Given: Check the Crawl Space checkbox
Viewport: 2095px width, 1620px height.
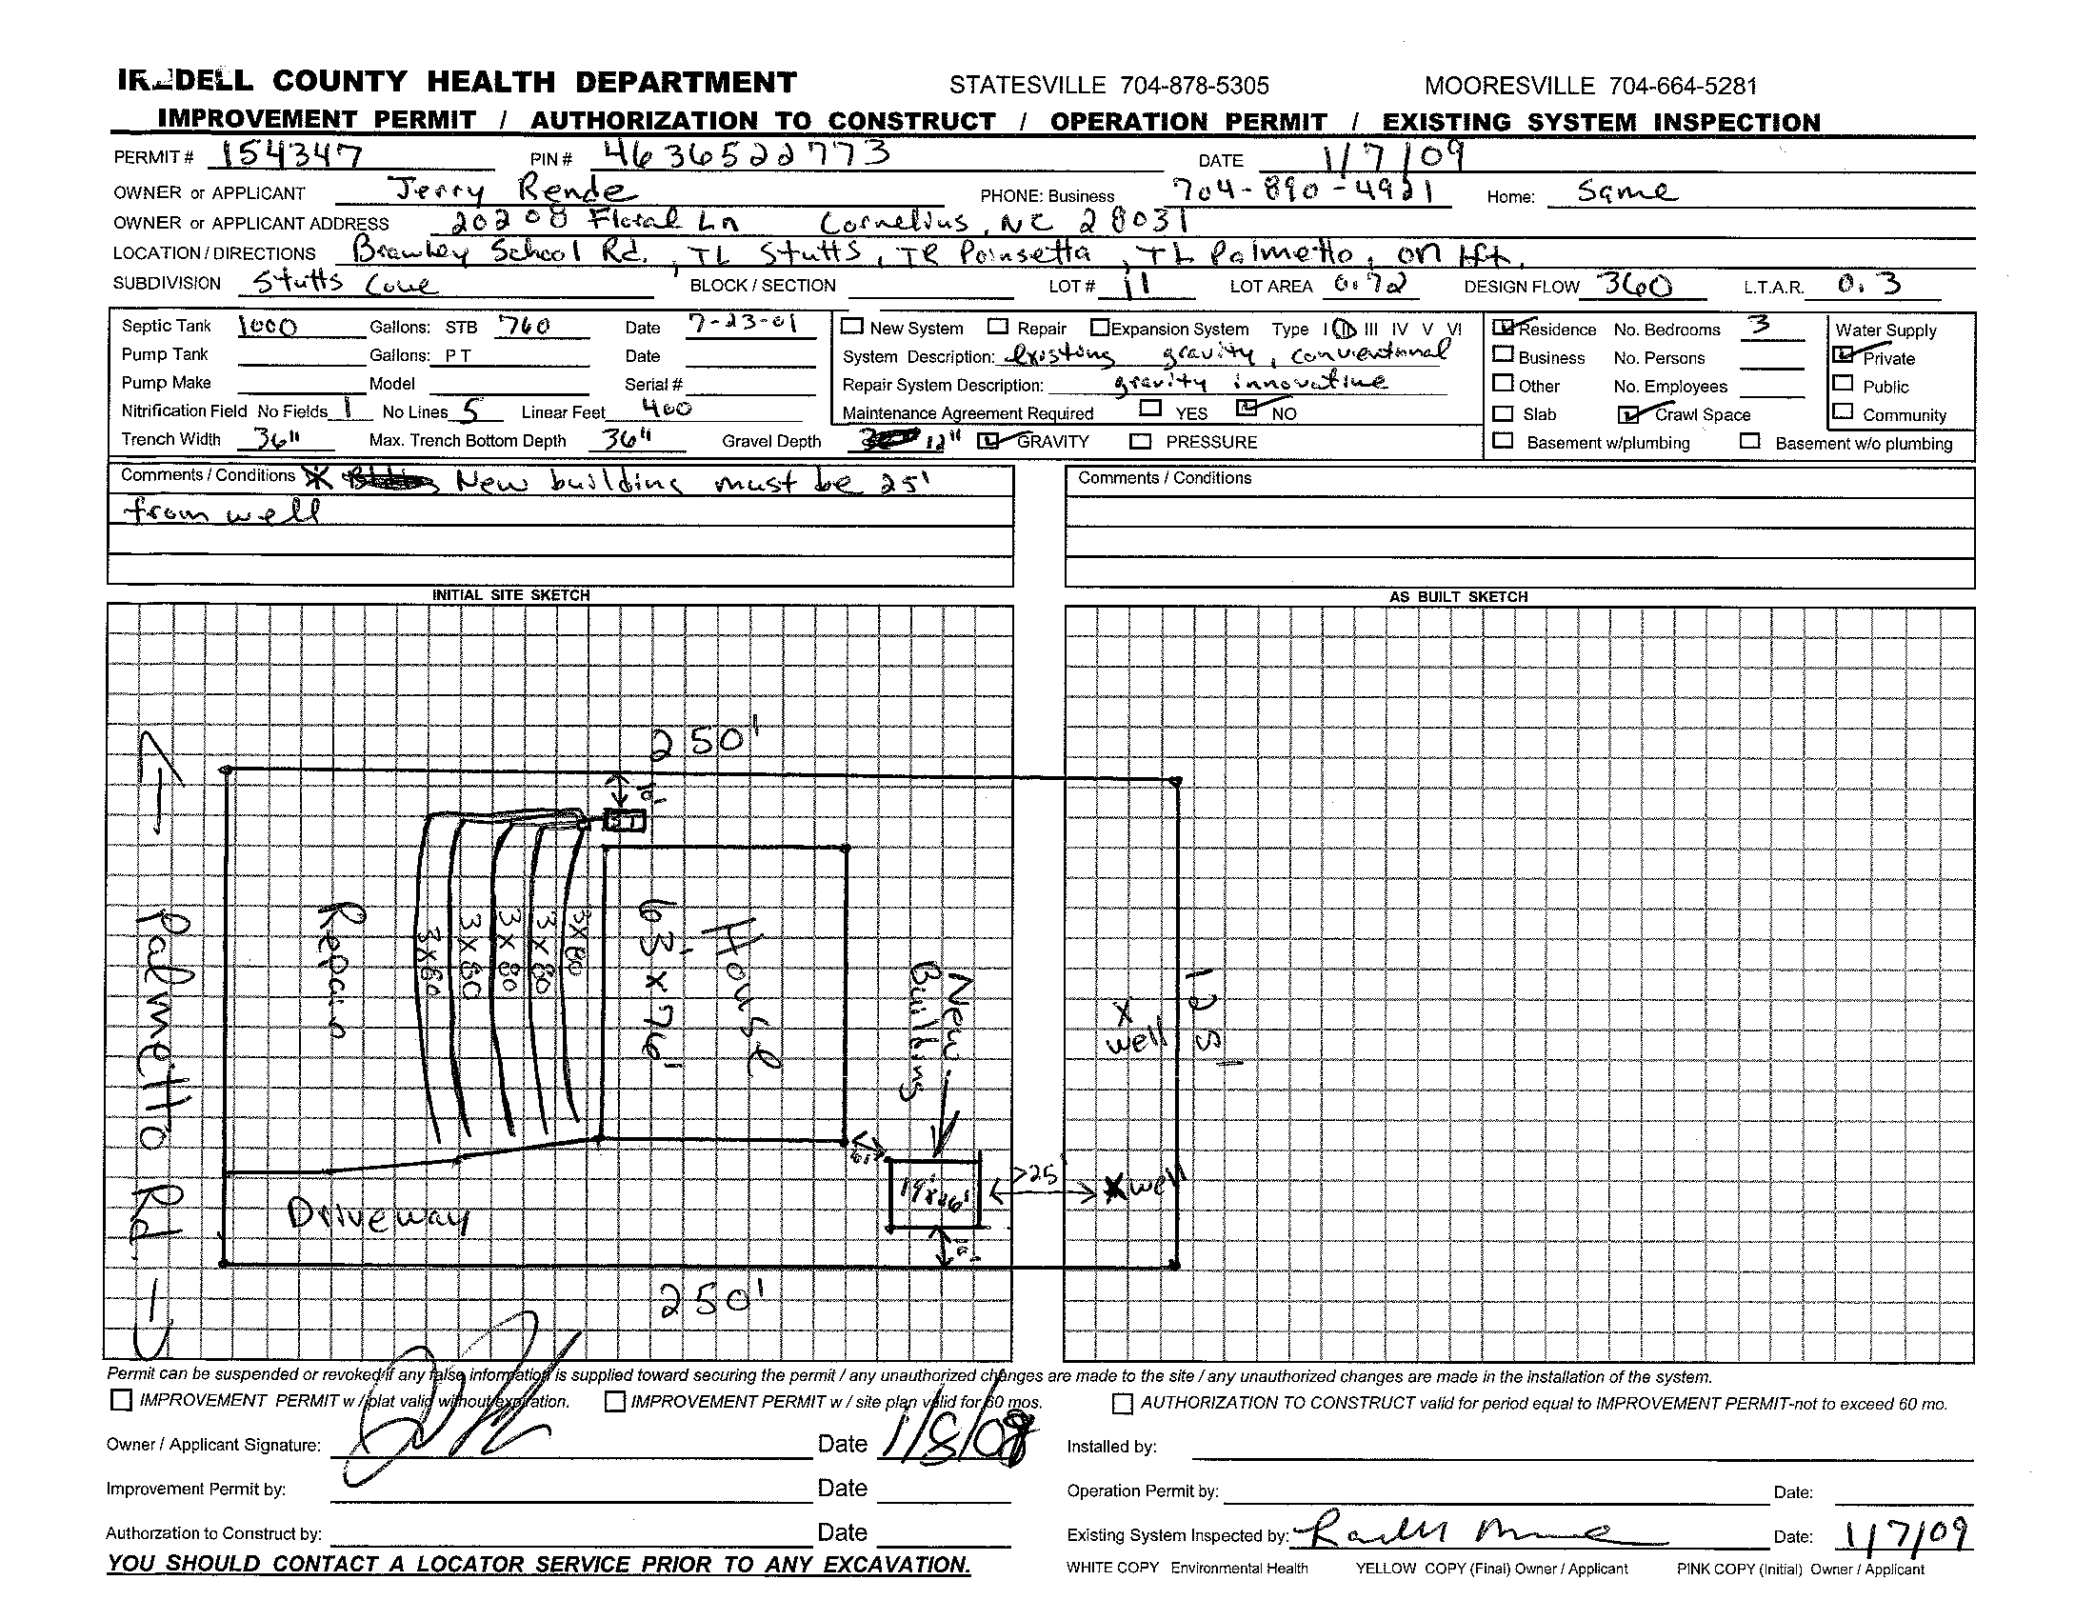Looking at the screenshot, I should pyautogui.click(x=1627, y=414).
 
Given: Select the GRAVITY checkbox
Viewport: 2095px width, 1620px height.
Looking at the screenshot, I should pyautogui.click(x=988, y=441).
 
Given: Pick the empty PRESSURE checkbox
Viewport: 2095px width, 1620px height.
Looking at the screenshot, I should pyautogui.click(x=1140, y=441).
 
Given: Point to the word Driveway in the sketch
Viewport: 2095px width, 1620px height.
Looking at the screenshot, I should pyautogui.click(x=378, y=1218).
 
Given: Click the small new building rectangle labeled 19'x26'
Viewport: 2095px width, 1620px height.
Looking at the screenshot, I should pyautogui.click(x=934, y=1194).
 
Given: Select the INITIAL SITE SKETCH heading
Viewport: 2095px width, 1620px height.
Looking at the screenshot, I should pyautogui.click(x=510, y=594).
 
